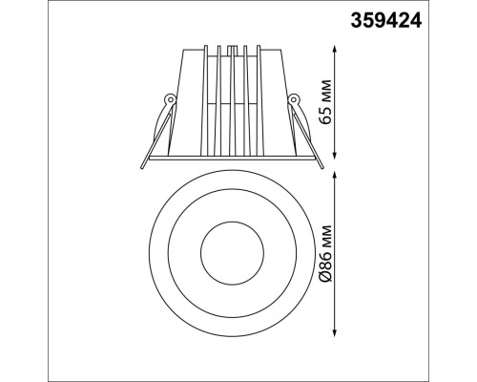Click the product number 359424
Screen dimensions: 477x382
pos(386,21)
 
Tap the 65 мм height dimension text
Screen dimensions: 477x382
pos(326,101)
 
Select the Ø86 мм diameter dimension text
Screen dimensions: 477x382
pos(326,253)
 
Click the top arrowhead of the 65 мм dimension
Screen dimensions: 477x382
pos(335,50)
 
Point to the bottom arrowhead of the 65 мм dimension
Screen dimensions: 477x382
pos(335,154)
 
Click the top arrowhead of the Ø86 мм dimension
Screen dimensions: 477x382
pos(335,176)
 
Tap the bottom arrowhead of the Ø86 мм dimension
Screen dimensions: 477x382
pos(335,332)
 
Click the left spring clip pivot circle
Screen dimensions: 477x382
pos(171,99)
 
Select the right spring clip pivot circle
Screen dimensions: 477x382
pos(293,99)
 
